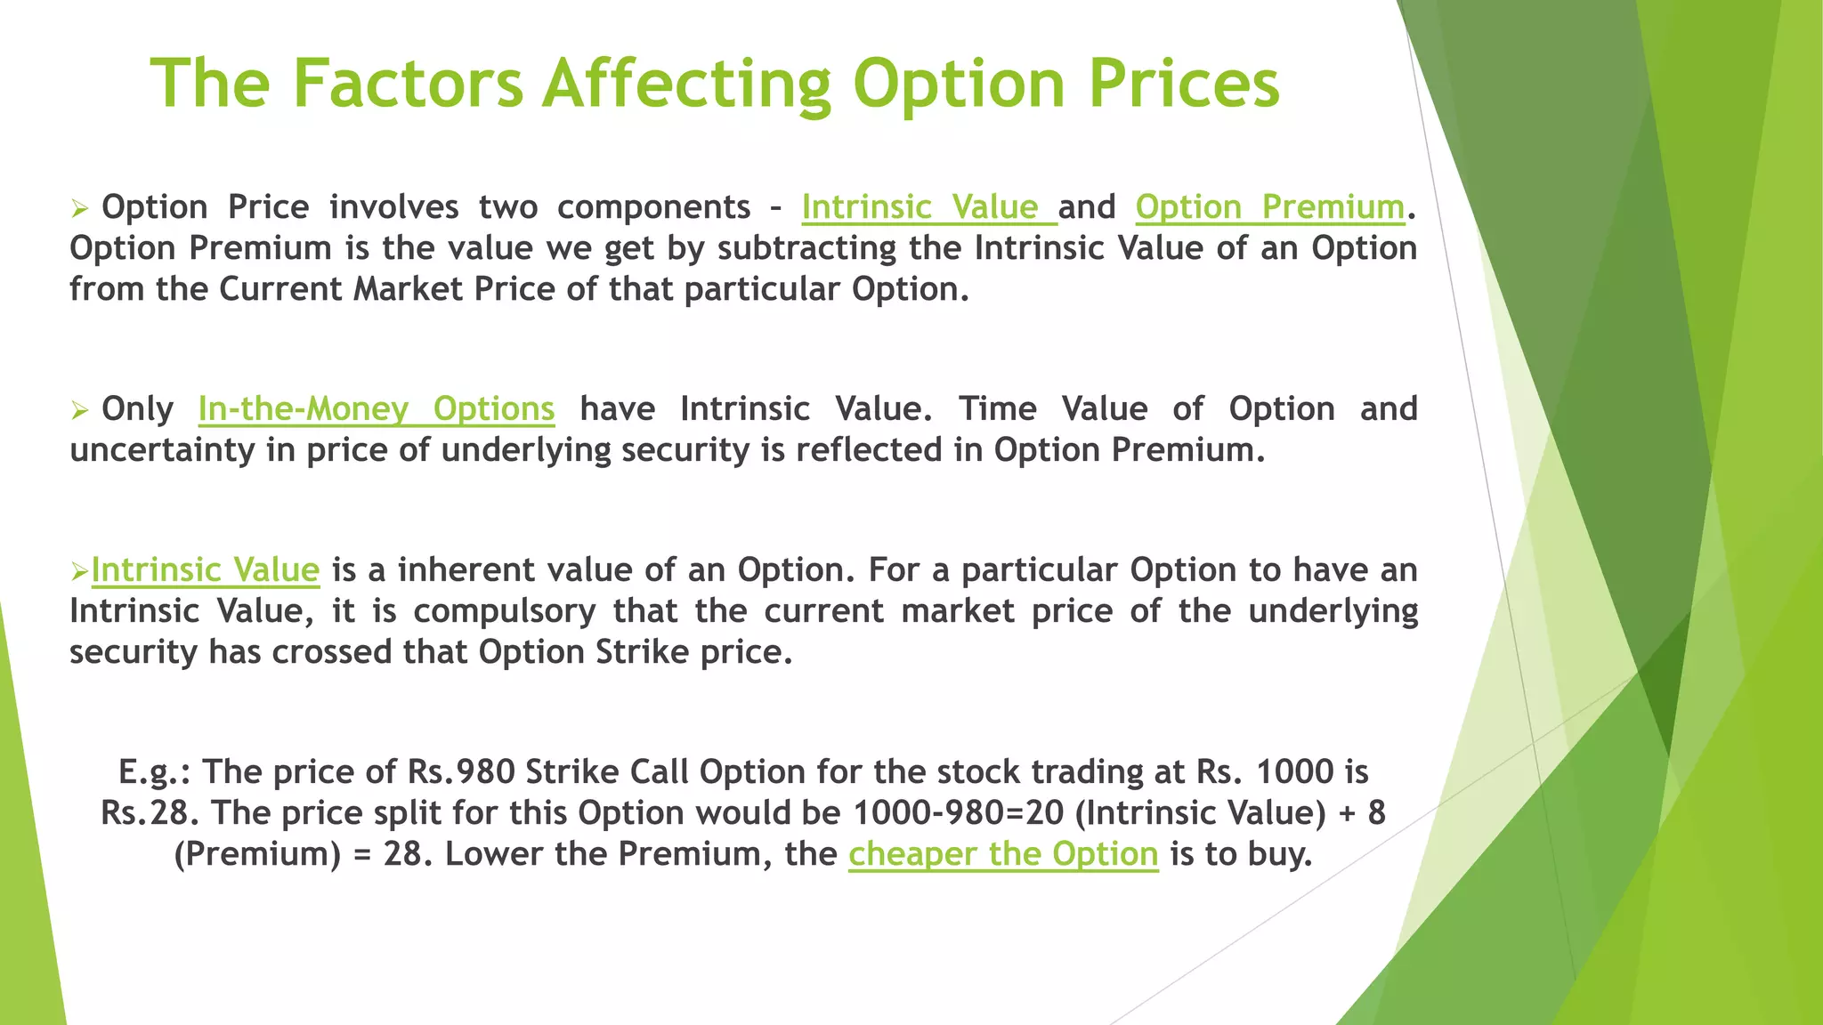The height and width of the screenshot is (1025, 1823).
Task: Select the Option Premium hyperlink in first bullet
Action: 1269,206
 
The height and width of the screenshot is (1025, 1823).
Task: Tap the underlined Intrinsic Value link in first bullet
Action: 928,206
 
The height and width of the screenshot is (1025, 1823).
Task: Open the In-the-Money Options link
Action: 376,408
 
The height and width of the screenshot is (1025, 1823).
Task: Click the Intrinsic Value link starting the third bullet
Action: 205,569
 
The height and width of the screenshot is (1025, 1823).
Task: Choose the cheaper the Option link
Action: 1003,853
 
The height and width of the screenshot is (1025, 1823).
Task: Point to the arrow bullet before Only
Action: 80,411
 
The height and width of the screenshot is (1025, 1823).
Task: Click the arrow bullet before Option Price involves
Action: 80,209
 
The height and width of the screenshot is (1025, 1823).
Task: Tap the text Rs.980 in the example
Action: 461,771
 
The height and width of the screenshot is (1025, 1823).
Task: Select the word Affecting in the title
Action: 686,83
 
